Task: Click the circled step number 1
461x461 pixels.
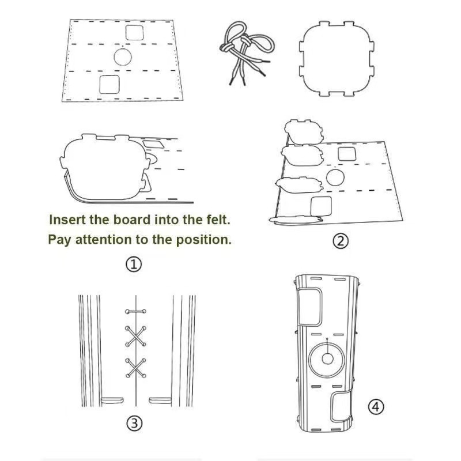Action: (x=134, y=264)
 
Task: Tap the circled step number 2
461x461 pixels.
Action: (x=340, y=241)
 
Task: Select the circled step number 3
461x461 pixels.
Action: (x=134, y=424)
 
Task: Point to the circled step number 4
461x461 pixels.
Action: (x=376, y=407)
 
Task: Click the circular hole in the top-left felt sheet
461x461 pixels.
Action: (x=123, y=57)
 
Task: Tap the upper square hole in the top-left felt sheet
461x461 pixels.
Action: (x=135, y=32)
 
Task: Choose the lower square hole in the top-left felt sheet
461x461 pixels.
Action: (x=109, y=85)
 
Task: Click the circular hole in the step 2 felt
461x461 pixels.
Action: (x=335, y=177)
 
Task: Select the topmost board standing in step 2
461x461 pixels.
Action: (x=304, y=132)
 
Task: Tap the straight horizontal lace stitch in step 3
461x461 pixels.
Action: (x=135, y=311)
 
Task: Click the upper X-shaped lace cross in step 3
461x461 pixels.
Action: (x=135, y=336)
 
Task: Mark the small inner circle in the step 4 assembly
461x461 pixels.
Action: (x=327, y=358)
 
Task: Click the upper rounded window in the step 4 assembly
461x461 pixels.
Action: (x=309, y=307)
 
